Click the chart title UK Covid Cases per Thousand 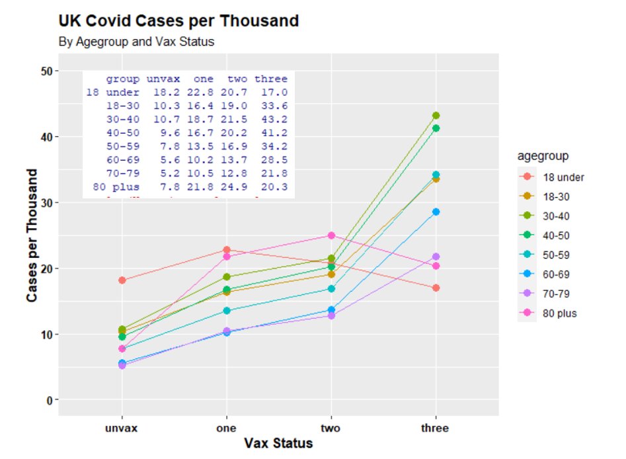coord(178,21)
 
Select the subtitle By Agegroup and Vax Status coord(136,42)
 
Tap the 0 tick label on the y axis coord(49,400)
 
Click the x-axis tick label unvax coord(122,428)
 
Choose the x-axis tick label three coord(435,428)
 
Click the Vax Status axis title coord(278,444)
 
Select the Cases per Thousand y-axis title coord(32,235)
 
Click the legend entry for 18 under coord(563,177)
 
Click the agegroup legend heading coord(543,157)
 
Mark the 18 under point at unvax coord(122,280)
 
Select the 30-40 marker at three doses coord(436,116)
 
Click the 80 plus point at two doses coord(331,235)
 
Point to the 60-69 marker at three coord(436,212)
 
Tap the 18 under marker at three coord(436,288)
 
